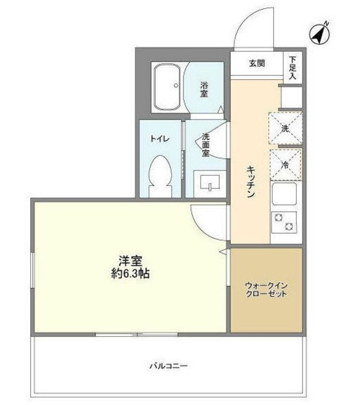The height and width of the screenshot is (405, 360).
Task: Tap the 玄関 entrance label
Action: click(x=256, y=63)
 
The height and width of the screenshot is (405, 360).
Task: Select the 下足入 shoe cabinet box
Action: click(x=292, y=66)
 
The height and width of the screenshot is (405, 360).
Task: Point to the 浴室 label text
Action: click(x=204, y=89)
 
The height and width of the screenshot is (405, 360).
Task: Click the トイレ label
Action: click(x=158, y=139)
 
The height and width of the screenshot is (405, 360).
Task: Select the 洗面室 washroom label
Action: click(x=206, y=144)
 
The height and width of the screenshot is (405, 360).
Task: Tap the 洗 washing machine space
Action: click(x=285, y=128)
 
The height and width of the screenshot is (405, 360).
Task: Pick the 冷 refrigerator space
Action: click(x=285, y=163)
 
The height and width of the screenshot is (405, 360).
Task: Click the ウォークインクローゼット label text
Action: click(x=266, y=290)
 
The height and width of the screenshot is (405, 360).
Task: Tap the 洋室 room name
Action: click(x=129, y=260)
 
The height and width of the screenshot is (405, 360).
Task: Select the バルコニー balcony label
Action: click(x=169, y=365)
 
